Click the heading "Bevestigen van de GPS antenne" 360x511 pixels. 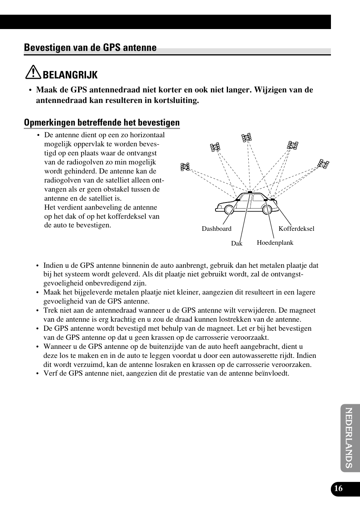click(x=90, y=48)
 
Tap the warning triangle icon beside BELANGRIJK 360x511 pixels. click(x=33, y=73)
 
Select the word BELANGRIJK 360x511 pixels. click(x=70, y=75)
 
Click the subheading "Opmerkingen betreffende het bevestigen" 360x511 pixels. click(x=102, y=123)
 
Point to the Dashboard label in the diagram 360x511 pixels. click(x=217, y=229)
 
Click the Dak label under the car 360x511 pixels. click(x=237, y=244)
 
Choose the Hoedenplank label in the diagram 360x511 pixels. click(x=275, y=243)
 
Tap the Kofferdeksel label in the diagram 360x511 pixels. click(x=296, y=229)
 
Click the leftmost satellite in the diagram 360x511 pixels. click(x=185, y=167)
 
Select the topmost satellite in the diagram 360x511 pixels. click(x=247, y=138)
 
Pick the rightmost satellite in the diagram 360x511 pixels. click(x=323, y=164)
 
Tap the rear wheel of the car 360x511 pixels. click(x=267, y=209)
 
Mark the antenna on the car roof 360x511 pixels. click(x=250, y=192)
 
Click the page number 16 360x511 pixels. click(x=338, y=489)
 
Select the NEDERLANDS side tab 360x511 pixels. click(x=349, y=437)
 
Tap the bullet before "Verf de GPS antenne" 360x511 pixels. click(x=38, y=374)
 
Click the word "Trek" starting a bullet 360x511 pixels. click(x=50, y=310)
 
